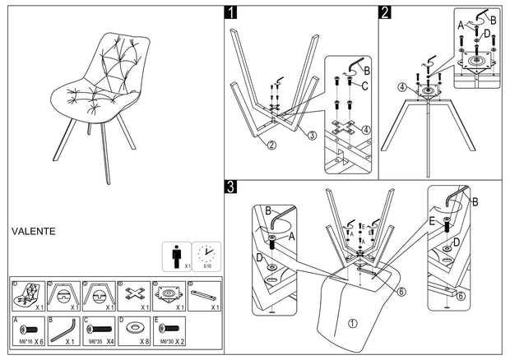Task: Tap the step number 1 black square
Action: (x=232, y=12)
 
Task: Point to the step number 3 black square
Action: (x=232, y=187)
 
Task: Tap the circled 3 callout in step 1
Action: (x=312, y=136)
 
